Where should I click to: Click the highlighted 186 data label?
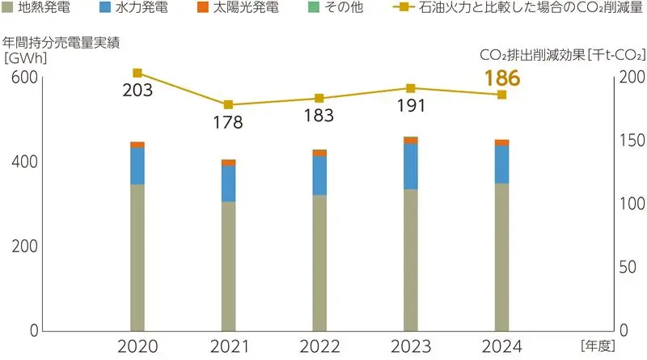click(501, 78)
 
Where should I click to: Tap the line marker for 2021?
click(228, 105)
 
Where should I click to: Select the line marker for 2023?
click(411, 88)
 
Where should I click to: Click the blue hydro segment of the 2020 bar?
click(137, 166)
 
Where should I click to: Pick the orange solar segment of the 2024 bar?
click(501, 142)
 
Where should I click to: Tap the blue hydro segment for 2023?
click(411, 166)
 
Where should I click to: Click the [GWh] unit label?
click(25, 57)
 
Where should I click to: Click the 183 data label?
click(319, 115)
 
